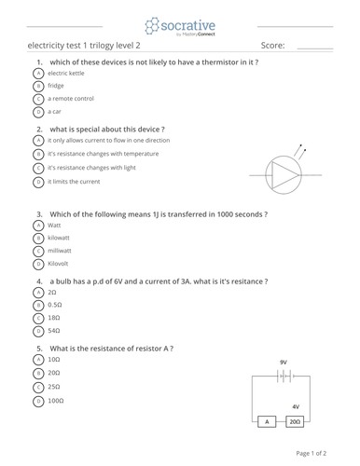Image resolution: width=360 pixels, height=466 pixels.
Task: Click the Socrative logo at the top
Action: [179, 25]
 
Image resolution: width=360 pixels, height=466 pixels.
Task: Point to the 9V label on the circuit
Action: [283, 362]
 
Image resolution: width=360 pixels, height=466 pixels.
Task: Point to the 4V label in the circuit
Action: [296, 406]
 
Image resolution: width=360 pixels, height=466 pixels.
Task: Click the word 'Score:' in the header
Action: [273, 45]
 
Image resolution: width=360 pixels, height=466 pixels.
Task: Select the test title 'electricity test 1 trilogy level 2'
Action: [85, 45]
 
